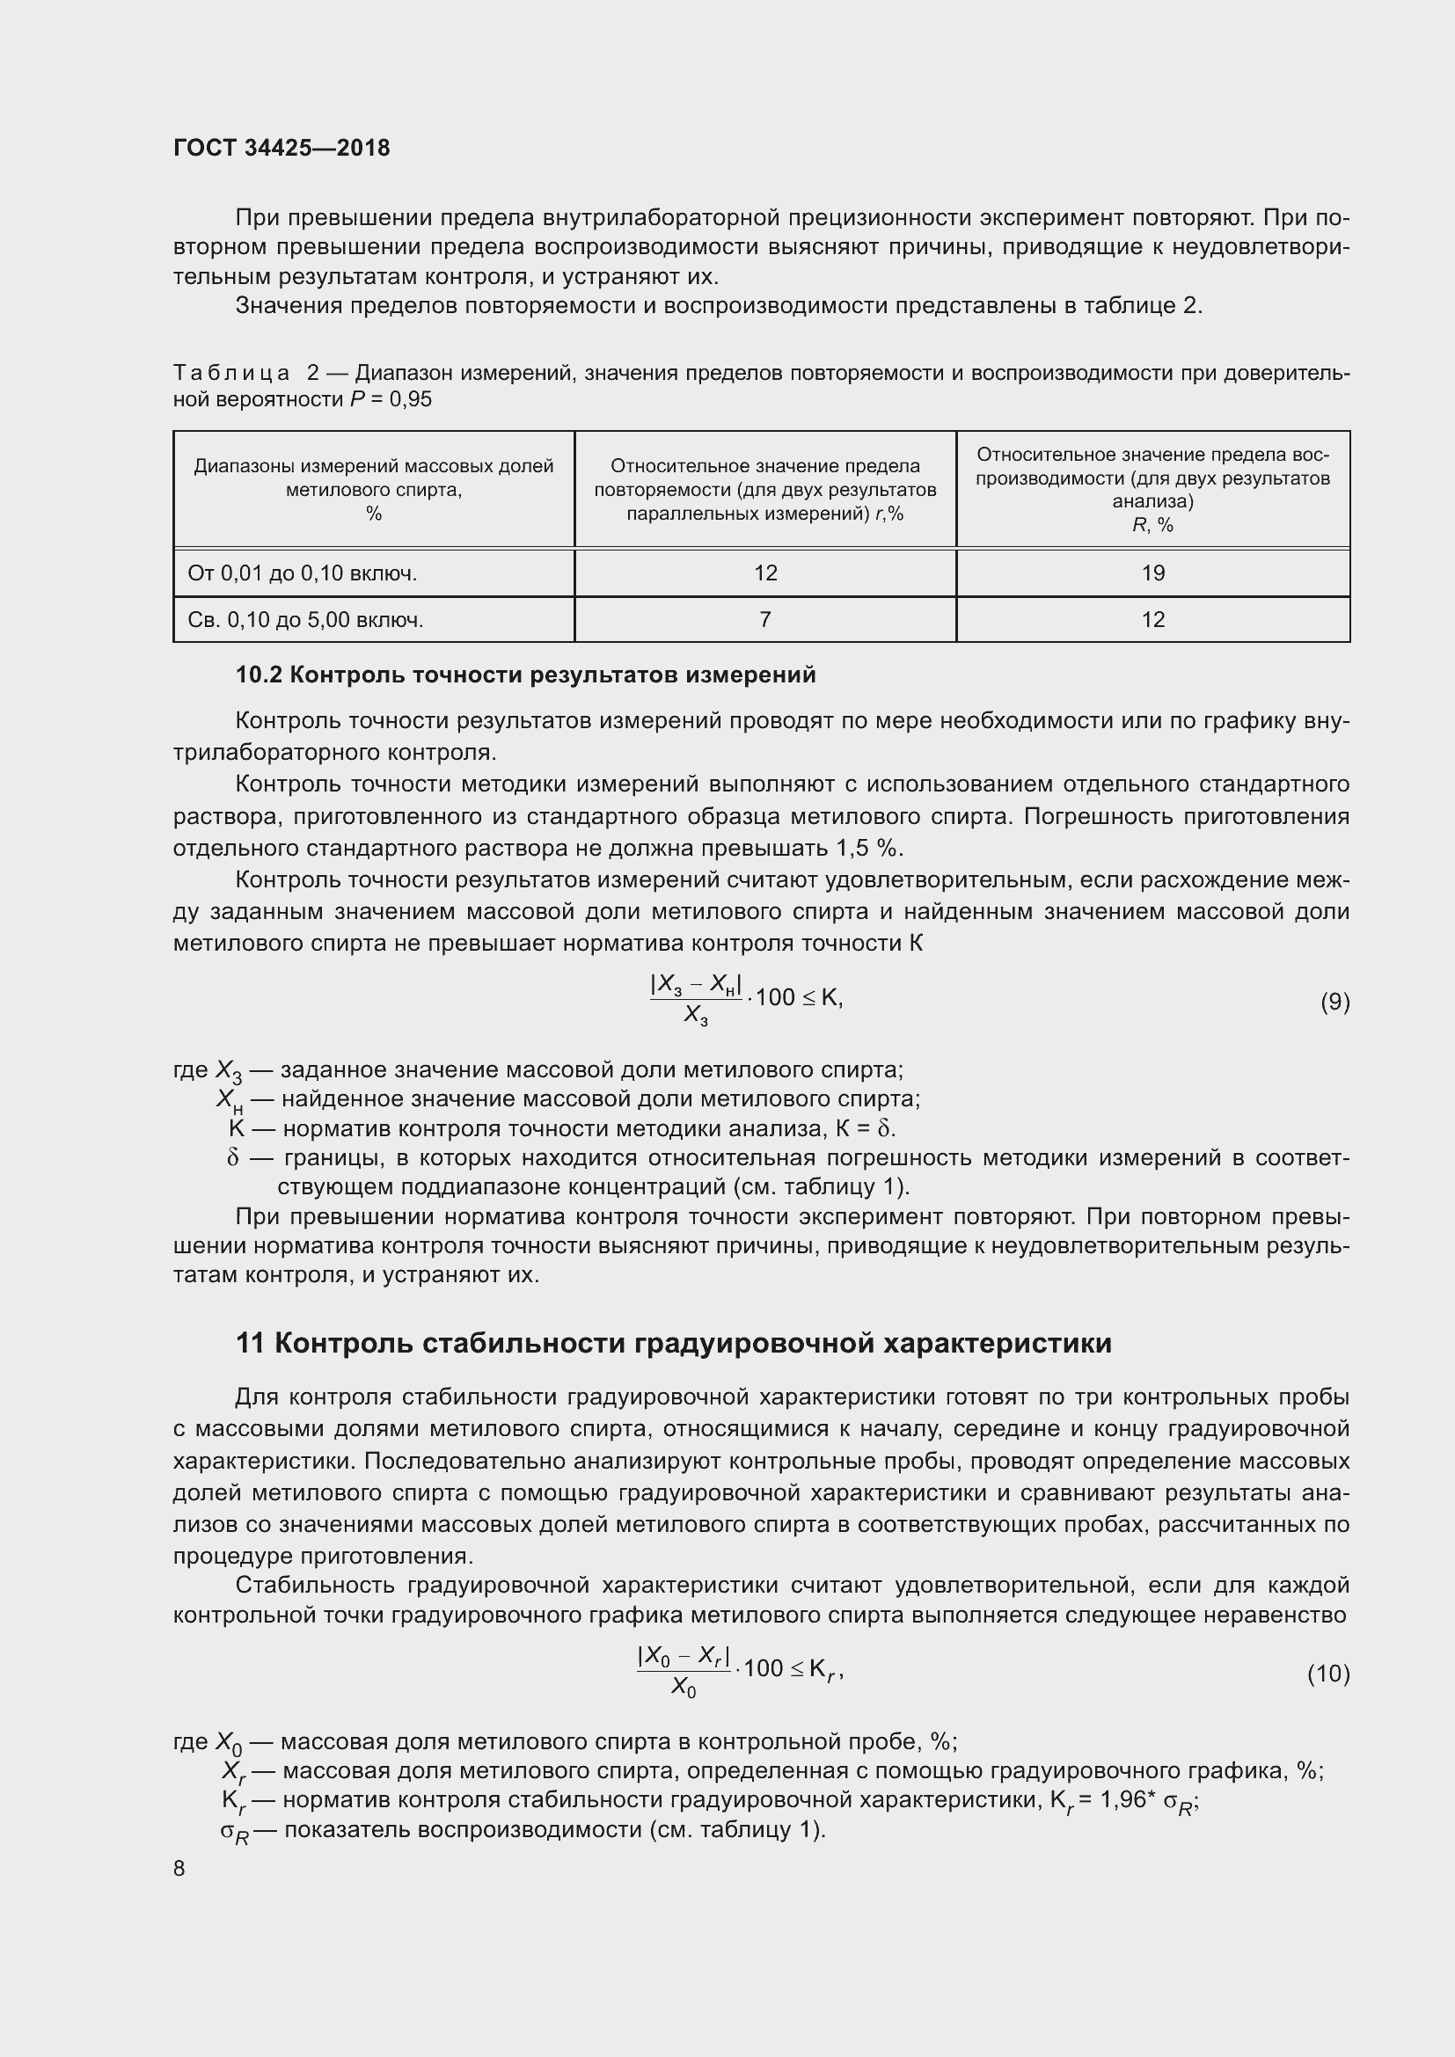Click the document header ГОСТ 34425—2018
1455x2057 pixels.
(x=281, y=148)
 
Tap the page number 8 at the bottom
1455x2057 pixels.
(x=179, y=1868)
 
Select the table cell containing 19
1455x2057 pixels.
(x=1152, y=573)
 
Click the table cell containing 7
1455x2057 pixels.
(x=764, y=620)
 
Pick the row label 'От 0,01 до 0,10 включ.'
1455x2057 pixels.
(x=302, y=573)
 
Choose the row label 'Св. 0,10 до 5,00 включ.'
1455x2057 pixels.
(x=304, y=620)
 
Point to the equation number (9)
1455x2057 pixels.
(x=1334, y=1002)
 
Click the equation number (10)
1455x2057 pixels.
(x=1327, y=1674)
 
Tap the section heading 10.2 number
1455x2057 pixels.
(x=259, y=675)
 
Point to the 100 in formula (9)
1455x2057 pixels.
(x=775, y=997)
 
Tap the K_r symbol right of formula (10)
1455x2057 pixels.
(x=824, y=1669)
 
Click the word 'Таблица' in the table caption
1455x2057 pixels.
(x=231, y=373)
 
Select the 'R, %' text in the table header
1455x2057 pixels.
(x=1152, y=525)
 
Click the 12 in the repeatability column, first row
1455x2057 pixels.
(x=765, y=573)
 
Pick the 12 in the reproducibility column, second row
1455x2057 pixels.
(x=1152, y=620)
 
